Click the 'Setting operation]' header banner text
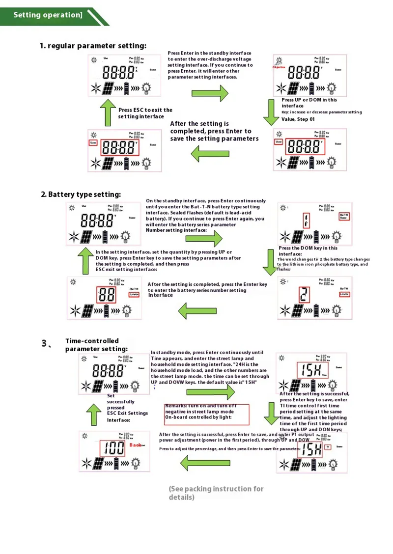click(48, 15)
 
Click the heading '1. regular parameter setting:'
click(93, 46)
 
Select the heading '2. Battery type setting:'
click(81, 194)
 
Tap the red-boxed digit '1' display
click(307, 222)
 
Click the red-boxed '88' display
click(107, 295)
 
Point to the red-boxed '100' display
click(113, 447)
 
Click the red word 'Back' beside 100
click(136, 444)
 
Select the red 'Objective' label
click(279, 67)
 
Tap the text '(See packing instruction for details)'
click(216, 493)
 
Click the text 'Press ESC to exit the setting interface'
click(145, 113)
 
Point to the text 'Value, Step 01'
click(298, 119)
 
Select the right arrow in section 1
click(210, 93)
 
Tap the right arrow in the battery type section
click(204, 239)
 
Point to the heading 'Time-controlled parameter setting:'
click(96, 345)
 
